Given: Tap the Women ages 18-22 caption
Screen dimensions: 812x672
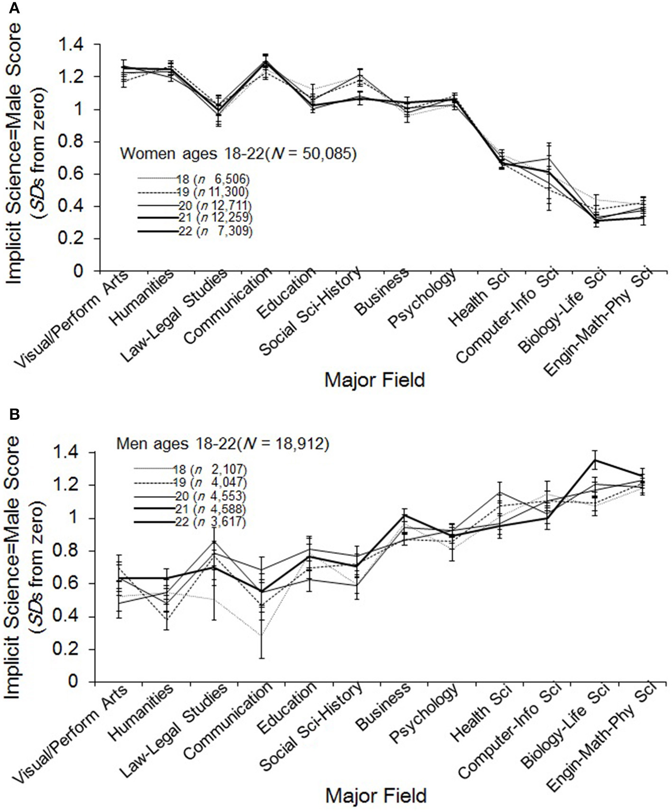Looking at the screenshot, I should coord(238,154).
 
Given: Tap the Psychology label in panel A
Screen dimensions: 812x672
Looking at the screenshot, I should coord(423,299).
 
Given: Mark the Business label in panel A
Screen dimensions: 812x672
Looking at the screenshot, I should coord(382,292).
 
